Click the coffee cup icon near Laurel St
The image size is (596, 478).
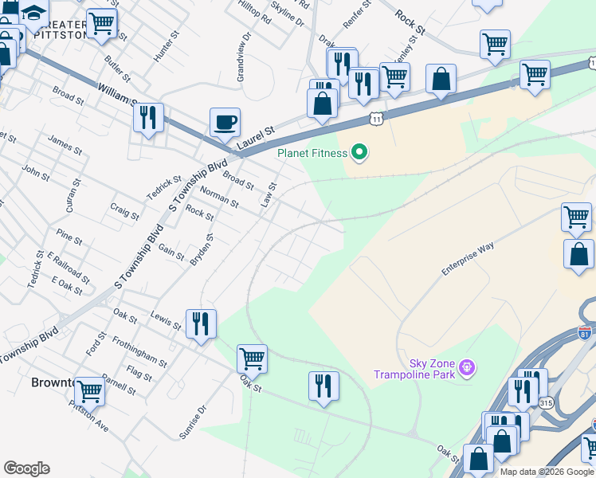225,122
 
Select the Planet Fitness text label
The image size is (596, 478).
312,153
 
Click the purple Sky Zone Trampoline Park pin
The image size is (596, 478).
467,367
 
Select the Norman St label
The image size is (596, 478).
219,197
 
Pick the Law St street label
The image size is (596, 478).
269,195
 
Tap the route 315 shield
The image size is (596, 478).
546,404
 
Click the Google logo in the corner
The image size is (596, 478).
26,468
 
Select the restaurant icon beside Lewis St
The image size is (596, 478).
200,323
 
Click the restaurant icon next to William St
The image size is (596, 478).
148,117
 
